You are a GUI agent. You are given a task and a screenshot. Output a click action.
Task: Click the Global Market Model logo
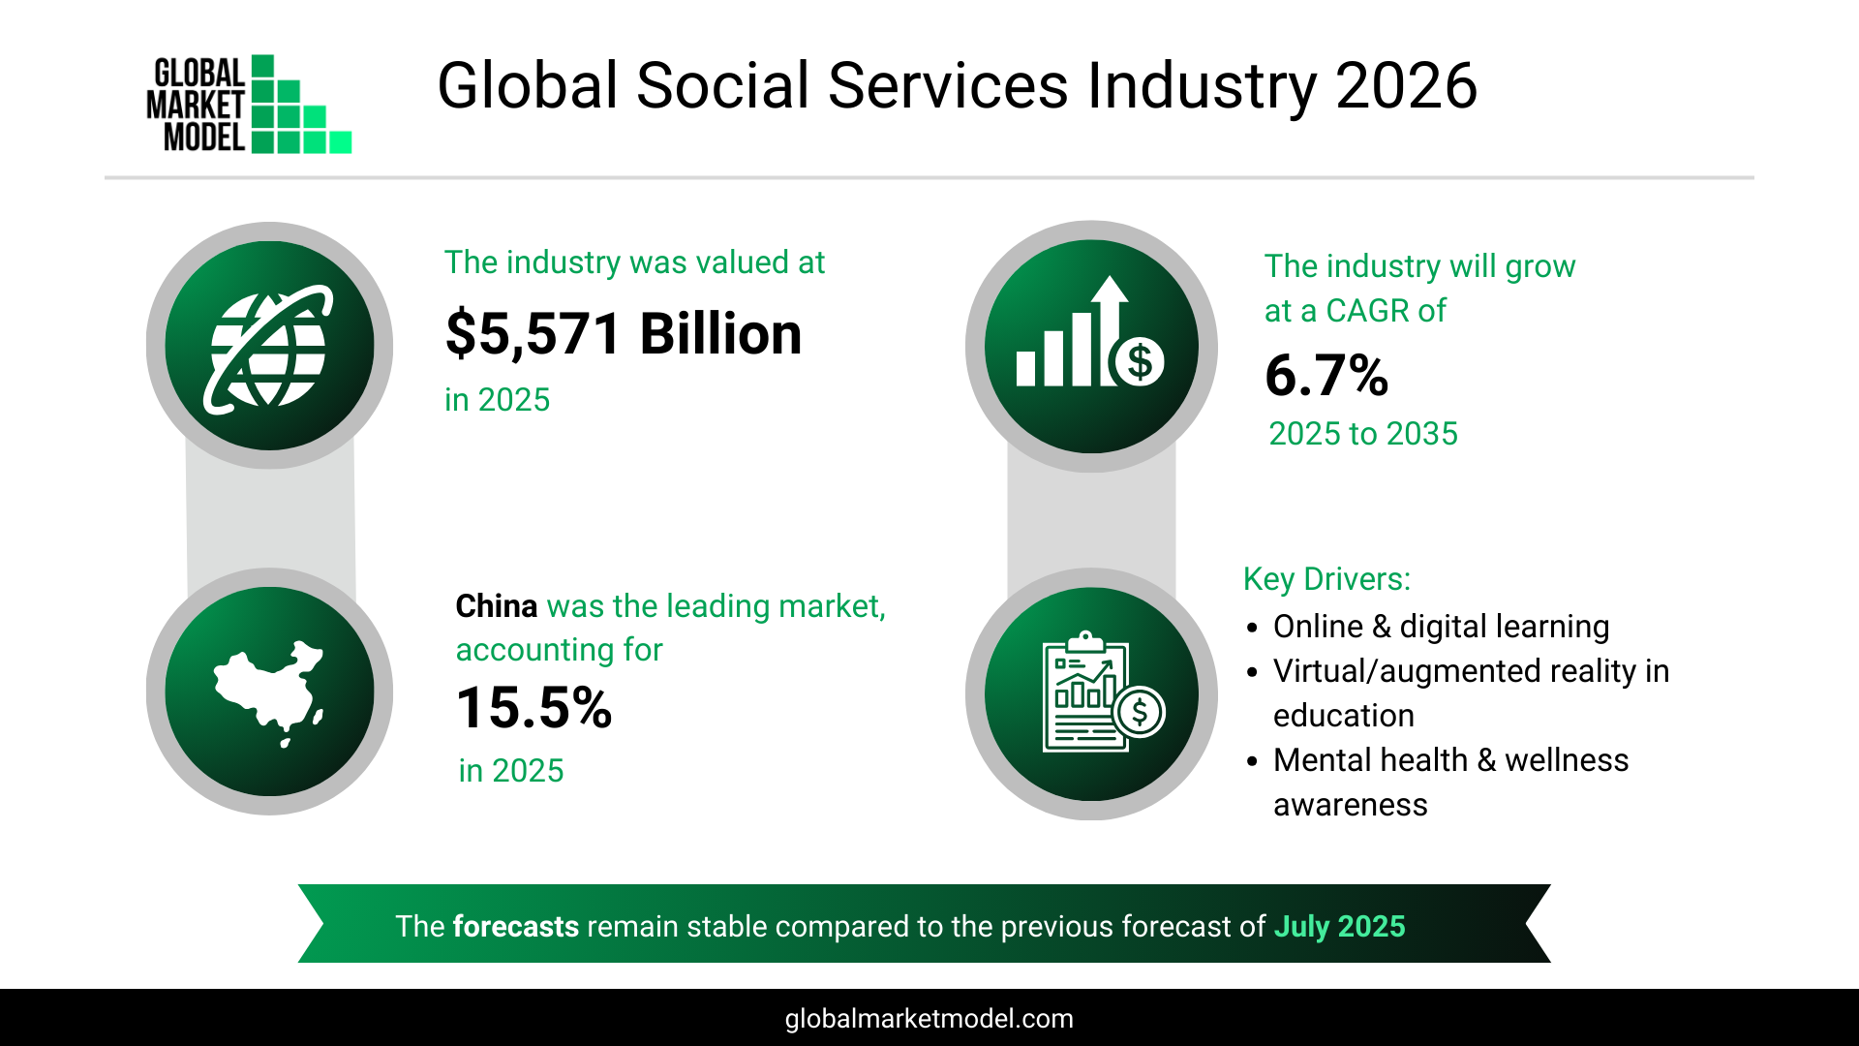(x=249, y=104)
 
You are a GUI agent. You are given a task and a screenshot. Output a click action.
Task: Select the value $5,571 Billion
(x=623, y=334)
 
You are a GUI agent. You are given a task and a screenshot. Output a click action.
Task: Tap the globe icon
(x=269, y=347)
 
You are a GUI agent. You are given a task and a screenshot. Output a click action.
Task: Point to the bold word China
(x=496, y=606)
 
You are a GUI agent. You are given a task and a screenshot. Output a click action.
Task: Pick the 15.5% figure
(x=533, y=708)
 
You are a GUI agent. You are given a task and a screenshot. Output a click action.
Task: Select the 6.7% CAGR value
(x=1326, y=376)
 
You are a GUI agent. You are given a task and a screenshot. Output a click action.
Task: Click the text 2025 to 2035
(x=1362, y=434)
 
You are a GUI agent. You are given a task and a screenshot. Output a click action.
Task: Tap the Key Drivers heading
(x=1326, y=579)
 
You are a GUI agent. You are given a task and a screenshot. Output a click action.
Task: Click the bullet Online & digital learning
(x=1441, y=627)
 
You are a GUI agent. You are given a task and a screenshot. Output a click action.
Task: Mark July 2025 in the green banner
(x=1339, y=927)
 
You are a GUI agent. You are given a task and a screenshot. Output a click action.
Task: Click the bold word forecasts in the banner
(x=515, y=927)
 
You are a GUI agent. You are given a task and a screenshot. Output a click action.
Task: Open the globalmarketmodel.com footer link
(x=929, y=1019)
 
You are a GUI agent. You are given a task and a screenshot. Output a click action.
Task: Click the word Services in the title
(x=947, y=85)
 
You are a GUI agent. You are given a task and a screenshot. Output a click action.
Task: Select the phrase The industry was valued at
(x=634, y=262)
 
